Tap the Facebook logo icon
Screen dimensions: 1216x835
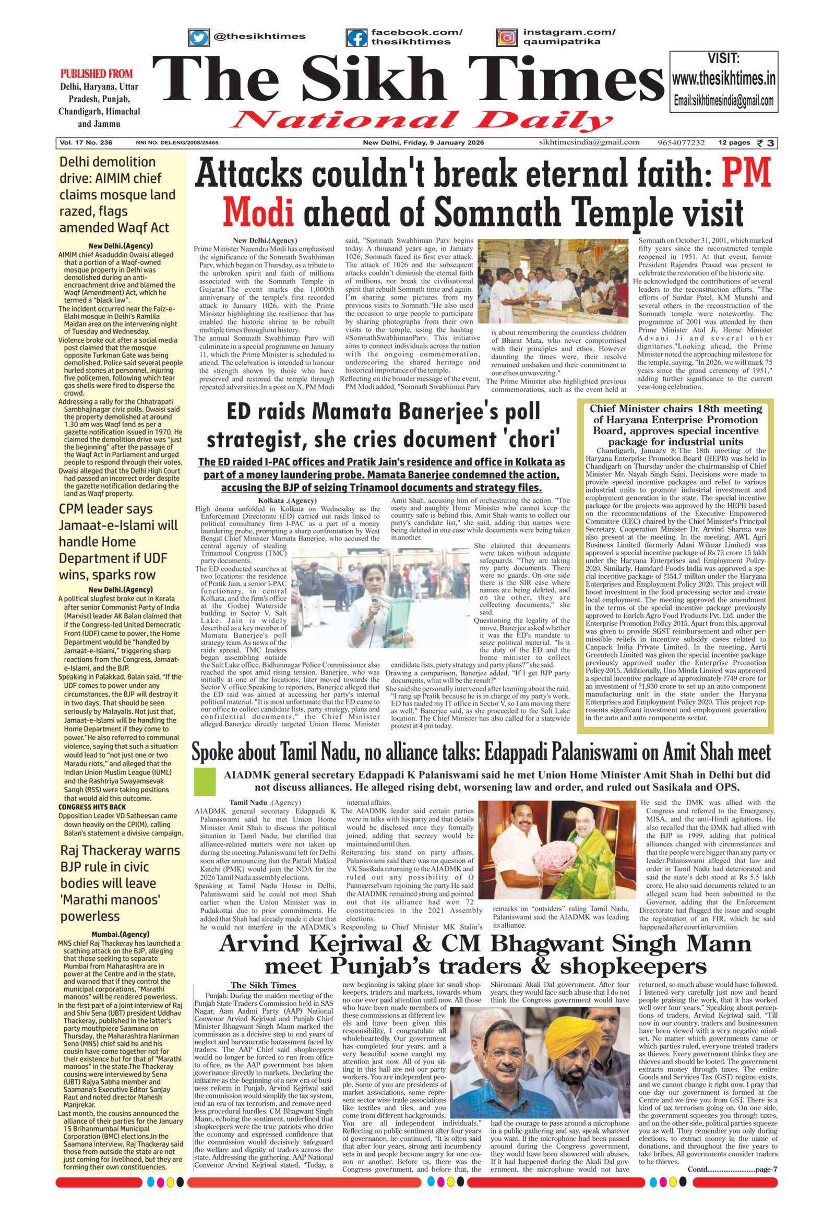click(x=356, y=37)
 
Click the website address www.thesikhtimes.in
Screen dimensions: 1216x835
click(x=723, y=79)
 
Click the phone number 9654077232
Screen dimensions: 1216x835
click(x=681, y=143)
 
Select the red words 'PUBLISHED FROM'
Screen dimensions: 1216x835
click(x=96, y=74)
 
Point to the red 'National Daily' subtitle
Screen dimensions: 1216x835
click(x=422, y=122)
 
